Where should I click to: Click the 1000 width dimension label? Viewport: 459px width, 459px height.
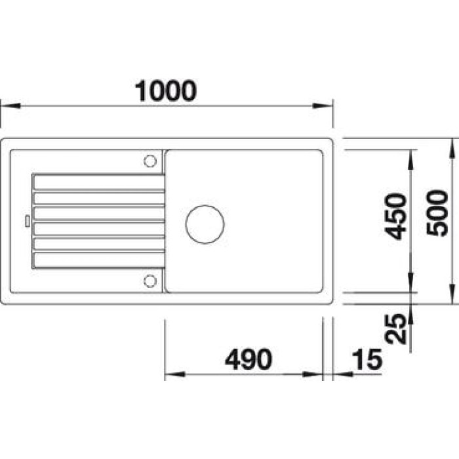click(166, 90)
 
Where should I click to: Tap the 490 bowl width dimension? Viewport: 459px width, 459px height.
click(249, 359)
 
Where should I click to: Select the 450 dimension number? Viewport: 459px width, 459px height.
click(396, 216)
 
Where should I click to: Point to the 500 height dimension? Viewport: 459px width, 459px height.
click(437, 213)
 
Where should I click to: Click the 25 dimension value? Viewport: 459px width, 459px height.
click(396, 329)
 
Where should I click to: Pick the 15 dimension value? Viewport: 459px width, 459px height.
click(367, 359)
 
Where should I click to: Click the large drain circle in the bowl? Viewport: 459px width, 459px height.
click(205, 224)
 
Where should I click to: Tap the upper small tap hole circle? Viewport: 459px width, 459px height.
click(150, 161)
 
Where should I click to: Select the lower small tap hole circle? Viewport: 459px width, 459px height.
click(150, 281)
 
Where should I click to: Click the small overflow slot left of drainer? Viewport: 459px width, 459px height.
click(28, 221)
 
